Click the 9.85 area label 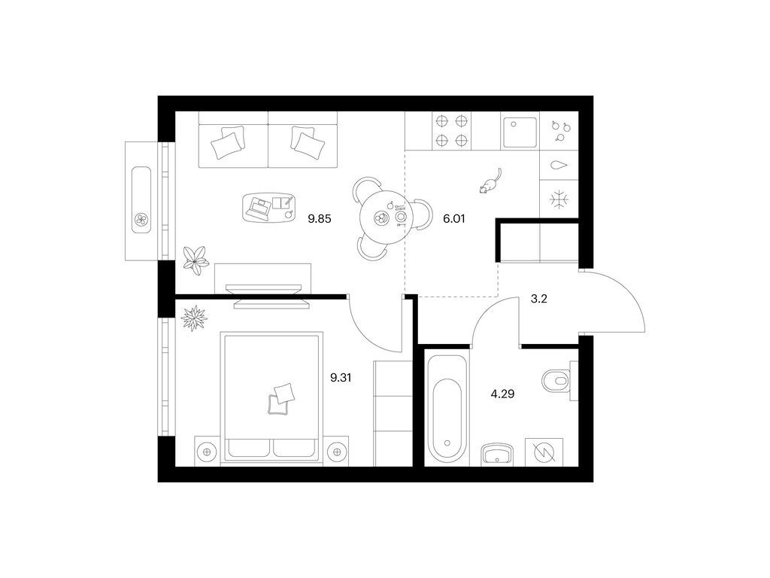point(319,219)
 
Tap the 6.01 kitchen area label point(453,219)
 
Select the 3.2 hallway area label point(538,298)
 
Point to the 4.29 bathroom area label point(502,394)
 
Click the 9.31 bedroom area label point(341,378)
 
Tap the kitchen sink point(520,132)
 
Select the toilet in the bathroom point(559,380)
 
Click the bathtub point(447,407)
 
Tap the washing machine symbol point(544,452)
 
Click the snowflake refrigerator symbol point(559,199)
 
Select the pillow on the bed point(281,399)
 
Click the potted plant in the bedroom point(194,318)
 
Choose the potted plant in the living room point(196,259)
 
